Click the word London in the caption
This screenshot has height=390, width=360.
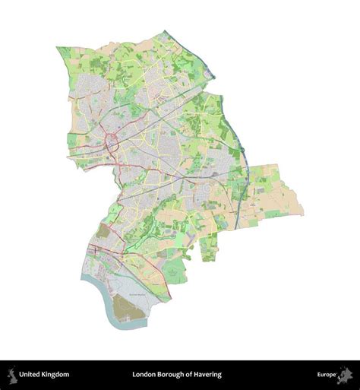point(144,374)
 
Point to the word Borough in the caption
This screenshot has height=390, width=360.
point(172,374)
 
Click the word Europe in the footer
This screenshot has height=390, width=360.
point(327,374)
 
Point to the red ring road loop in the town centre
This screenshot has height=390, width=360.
point(111,141)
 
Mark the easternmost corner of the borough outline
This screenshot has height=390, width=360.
point(302,214)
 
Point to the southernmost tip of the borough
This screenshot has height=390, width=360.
point(120,329)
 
